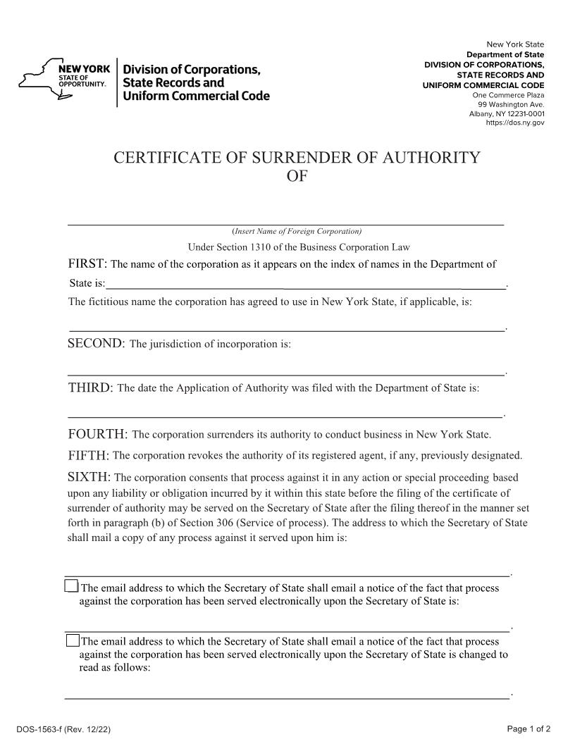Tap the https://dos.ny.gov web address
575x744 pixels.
click(x=515, y=123)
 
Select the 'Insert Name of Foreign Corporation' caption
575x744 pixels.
click(x=297, y=231)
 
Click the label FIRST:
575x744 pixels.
click(x=87, y=264)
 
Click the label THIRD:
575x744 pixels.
click(x=90, y=387)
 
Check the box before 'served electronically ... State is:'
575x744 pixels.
click(x=72, y=586)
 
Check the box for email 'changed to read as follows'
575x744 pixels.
click(x=73, y=640)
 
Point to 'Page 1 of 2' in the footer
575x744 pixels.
click(x=528, y=728)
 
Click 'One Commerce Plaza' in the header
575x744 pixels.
click(x=508, y=95)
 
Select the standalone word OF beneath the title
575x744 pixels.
click(x=297, y=176)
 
